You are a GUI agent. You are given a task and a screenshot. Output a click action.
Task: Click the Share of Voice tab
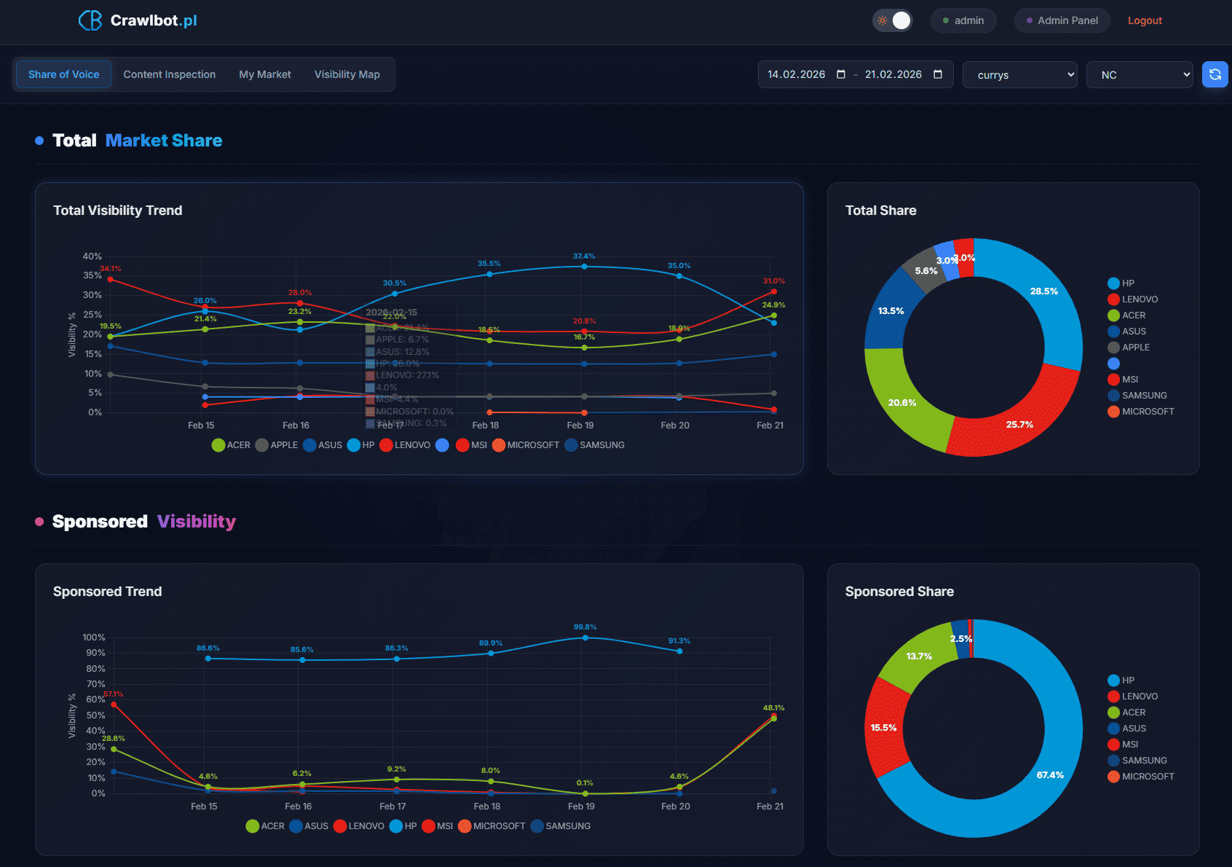(64, 74)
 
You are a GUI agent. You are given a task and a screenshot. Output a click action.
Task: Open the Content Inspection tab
(170, 74)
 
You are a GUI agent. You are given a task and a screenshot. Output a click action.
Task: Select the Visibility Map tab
(347, 74)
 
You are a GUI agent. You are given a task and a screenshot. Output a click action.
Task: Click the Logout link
(1145, 20)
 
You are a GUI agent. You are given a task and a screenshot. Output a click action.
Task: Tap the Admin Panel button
(1062, 20)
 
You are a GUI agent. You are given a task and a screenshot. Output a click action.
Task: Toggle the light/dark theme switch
(893, 20)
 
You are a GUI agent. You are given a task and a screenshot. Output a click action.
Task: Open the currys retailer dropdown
(1019, 75)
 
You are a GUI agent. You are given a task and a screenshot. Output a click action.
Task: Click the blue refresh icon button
(1215, 74)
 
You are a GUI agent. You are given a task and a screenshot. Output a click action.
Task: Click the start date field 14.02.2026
(797, 74)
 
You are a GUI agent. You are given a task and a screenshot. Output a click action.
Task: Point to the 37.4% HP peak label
(584, 256)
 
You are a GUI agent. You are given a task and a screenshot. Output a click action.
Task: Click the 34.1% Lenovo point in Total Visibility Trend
(111, 279)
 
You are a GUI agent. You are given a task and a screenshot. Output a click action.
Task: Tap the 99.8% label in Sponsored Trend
(585, 627)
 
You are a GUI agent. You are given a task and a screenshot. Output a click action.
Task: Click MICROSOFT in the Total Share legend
(1148, 412)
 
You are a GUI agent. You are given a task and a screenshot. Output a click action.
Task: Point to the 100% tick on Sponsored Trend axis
(94, 637)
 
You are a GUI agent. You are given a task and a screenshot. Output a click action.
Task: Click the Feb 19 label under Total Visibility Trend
(580, 425)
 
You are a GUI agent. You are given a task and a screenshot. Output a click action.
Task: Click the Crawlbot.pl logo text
(153, 20)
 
